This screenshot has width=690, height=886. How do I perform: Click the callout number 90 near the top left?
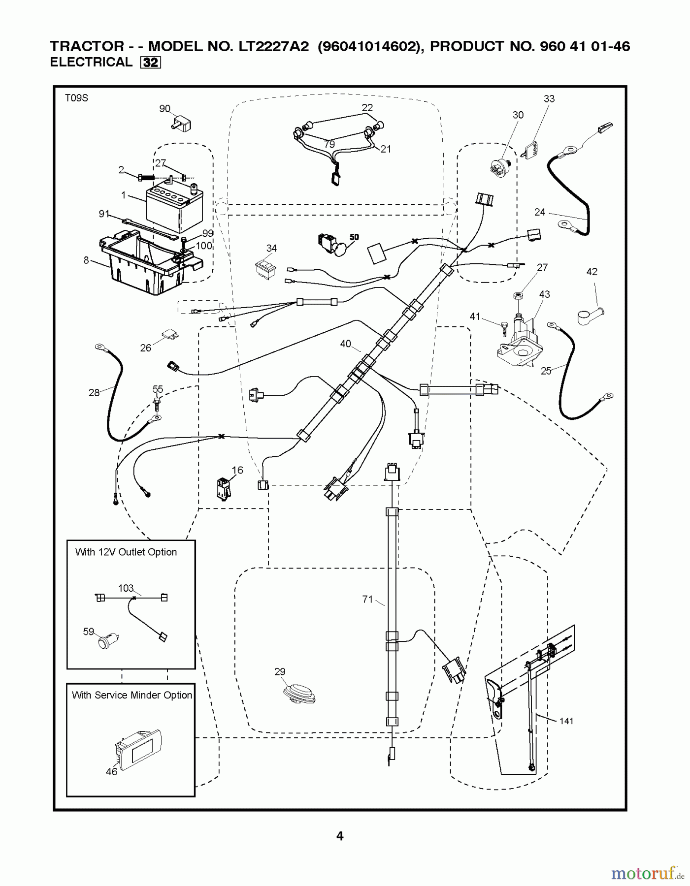tap(164, 109)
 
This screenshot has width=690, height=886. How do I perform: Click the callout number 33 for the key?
tap(549, 99)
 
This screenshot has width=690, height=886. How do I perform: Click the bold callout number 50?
tap(354, 237)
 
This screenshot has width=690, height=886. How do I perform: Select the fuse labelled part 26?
tap(169, 335)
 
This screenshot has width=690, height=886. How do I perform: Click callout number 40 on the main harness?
tap(346, 344)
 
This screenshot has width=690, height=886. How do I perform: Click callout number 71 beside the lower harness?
tap(367, 599)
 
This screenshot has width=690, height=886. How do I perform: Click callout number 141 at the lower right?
tap(566, 721)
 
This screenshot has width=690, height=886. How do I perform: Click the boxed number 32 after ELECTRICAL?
tap(151, 63)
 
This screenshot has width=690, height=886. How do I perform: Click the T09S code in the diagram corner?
tap(76, 98)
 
